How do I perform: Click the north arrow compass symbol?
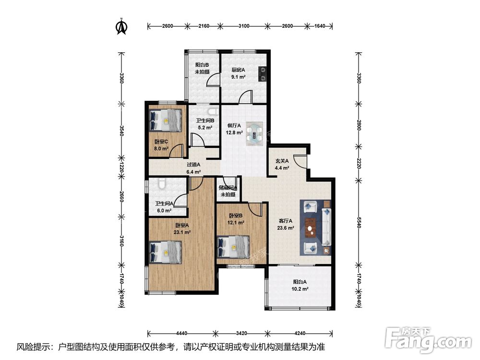point(121,26)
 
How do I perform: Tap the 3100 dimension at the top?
point(244,26)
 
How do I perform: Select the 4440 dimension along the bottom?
point(182,333)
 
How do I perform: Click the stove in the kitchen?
point(263,74)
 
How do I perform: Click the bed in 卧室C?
point(165,120)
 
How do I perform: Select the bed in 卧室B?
point(233,247)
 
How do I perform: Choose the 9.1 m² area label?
point(238,77)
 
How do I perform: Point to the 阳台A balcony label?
point(300,282)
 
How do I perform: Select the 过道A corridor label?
point(193,165)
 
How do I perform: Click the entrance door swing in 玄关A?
point(300,161)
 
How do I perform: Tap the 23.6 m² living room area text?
point(286,228)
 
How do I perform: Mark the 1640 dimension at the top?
point(320,26)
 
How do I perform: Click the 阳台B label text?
point(202,65)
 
